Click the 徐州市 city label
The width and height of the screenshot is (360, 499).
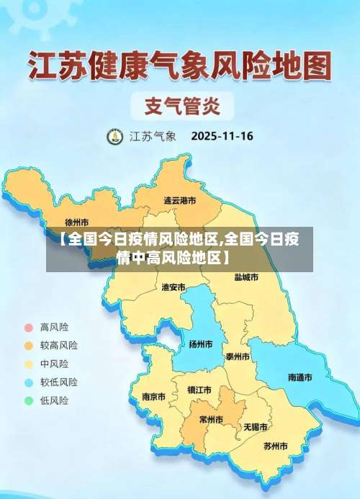pos(77,222)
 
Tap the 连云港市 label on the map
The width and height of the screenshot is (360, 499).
pos(179,200)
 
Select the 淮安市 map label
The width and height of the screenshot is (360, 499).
pos(174,287)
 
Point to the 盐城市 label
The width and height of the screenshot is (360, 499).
pos(246,277)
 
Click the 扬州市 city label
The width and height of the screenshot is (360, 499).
pos(200,344)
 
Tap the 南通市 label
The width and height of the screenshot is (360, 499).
pos(300,377)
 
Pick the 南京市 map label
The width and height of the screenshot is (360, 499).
pos(153,396)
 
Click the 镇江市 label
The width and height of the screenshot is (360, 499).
pos(199,390)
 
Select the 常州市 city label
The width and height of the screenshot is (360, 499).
pos(211,419)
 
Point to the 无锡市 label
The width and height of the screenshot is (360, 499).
pos(256,426)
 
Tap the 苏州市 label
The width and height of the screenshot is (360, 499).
pos(275,446)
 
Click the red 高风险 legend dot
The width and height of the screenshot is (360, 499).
pos(29,327)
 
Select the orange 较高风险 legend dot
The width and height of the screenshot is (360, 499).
pos(29,345)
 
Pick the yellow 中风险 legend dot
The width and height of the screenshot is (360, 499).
pos(29,364)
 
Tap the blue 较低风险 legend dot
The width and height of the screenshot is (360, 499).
pos(29,382)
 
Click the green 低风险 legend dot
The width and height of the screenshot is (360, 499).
pos(29,400)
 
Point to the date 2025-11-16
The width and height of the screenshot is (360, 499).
pos(222,135)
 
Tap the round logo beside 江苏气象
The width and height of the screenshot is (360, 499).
pos(114,136)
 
